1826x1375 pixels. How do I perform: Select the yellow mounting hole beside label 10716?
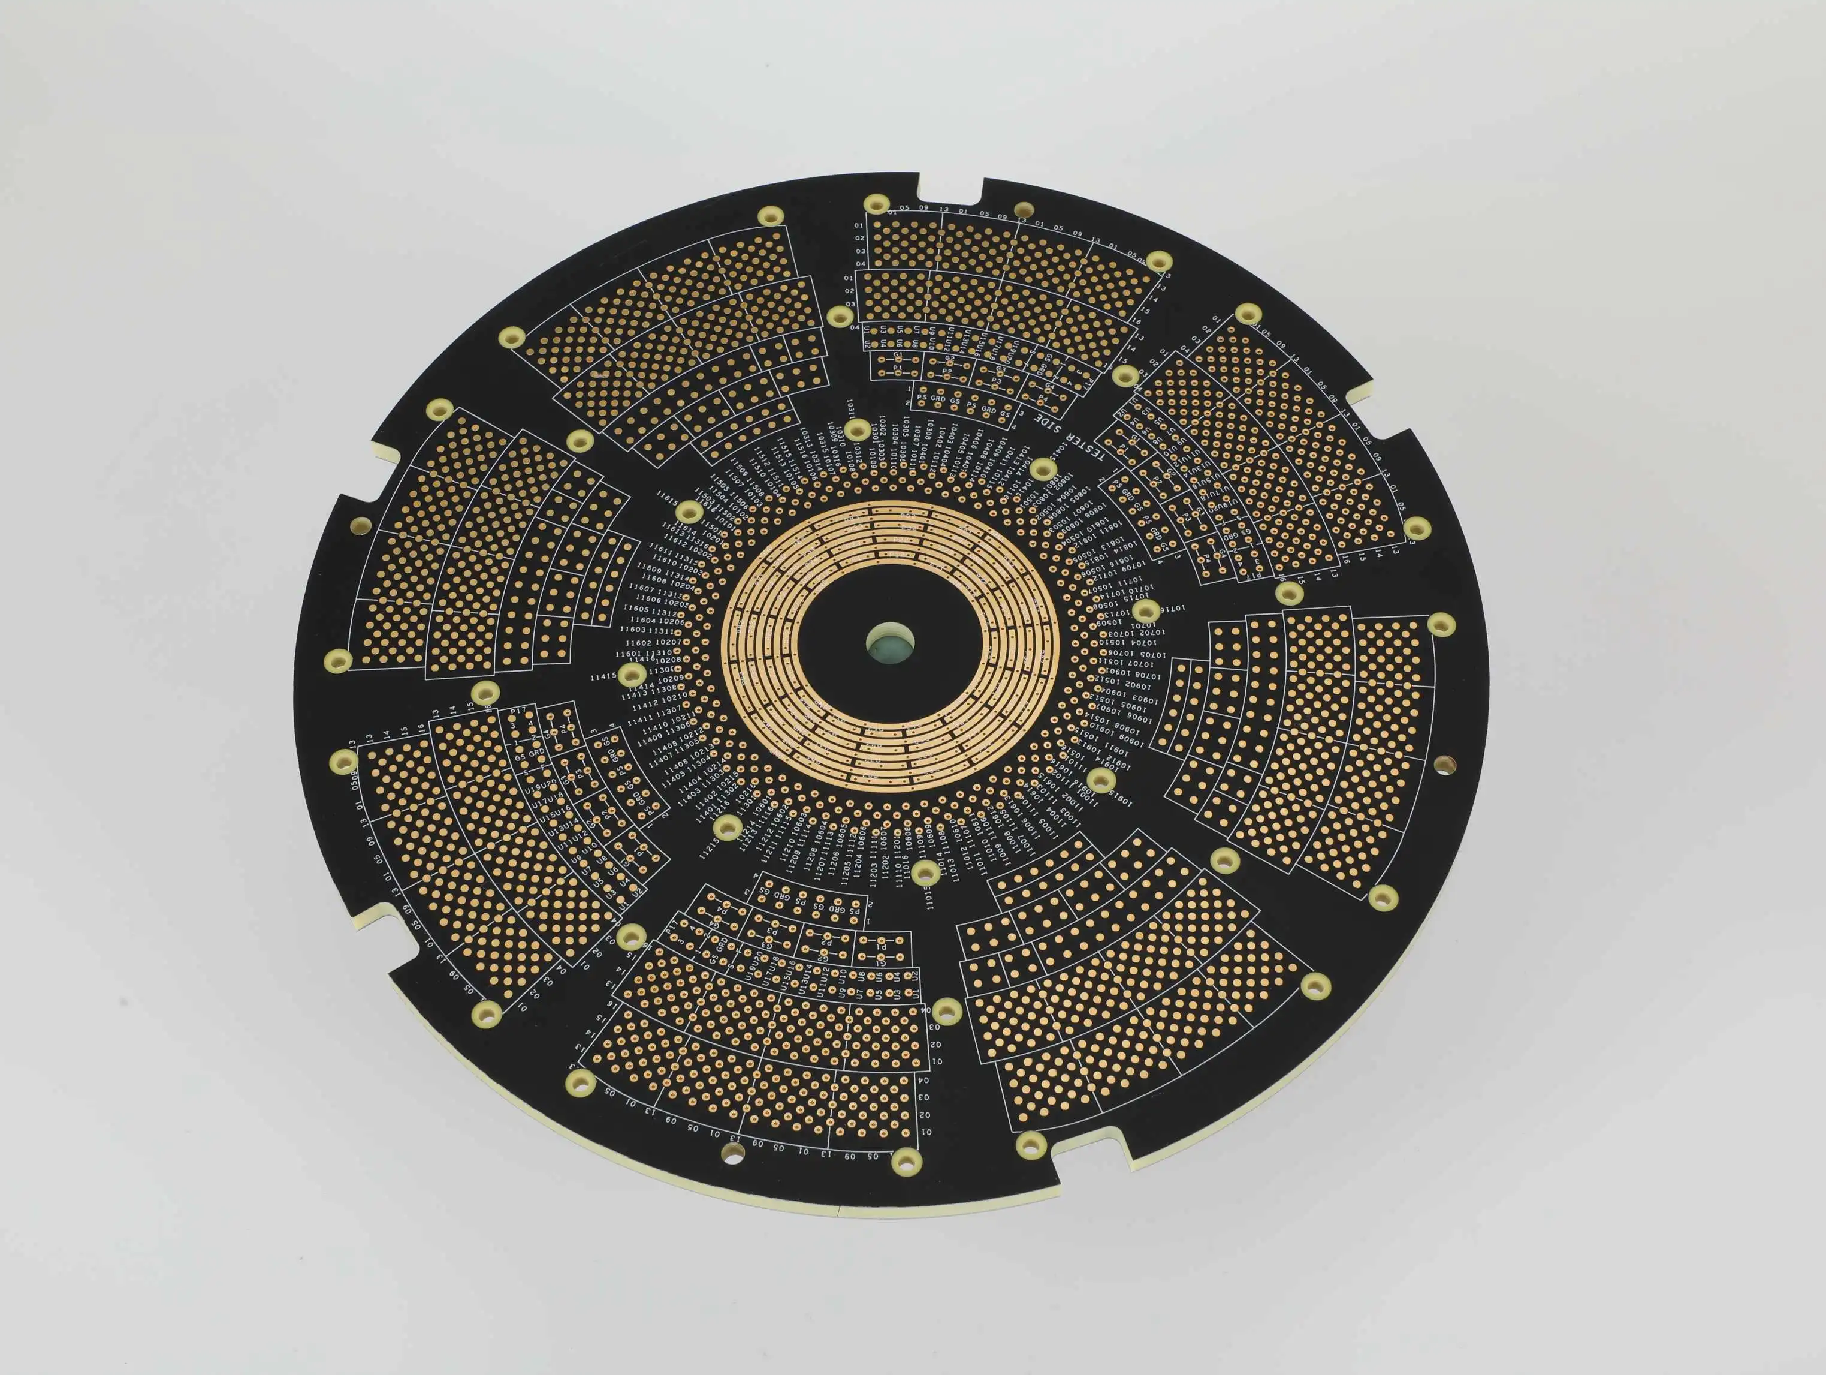1146,611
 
